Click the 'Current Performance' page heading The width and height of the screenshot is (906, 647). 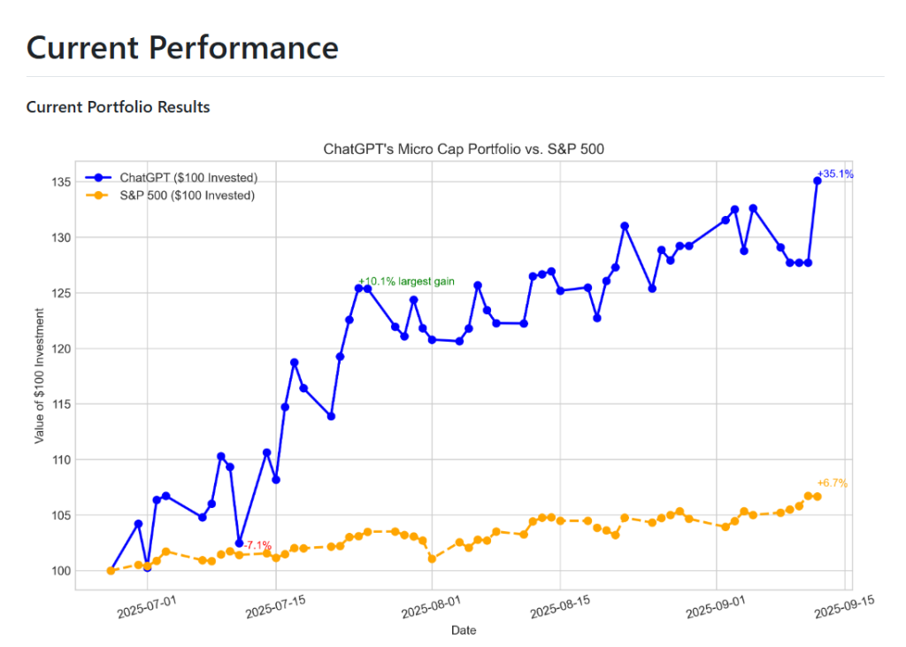coord(182,47)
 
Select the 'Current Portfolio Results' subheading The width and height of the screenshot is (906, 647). coord(118,107)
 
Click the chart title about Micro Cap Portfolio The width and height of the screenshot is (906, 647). coord(464,150)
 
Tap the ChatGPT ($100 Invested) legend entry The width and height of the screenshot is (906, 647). coord(188,177)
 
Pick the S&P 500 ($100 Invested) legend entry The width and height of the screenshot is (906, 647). coord(187,195)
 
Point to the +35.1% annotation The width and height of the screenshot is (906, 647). coord(835,174)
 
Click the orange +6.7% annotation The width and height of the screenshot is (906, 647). coord(832,483)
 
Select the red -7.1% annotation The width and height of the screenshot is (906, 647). coord(257,545)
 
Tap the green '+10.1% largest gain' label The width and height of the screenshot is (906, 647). coord(406,281)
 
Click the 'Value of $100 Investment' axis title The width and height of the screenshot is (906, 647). coord(40,375)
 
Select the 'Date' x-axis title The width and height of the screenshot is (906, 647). coord(464,631)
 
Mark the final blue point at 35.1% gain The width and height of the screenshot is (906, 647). coord(818,181)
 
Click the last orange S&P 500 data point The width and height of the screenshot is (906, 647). coord(818,497)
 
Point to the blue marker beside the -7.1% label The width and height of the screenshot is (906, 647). coord(239,543)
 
